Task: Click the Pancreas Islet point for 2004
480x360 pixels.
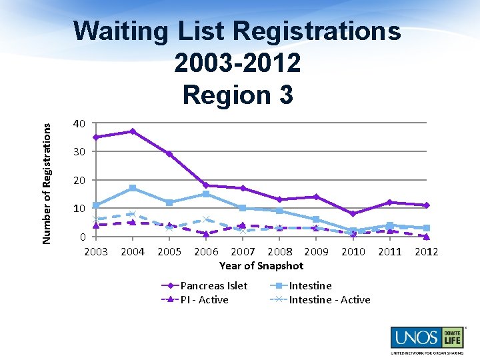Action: click(x=133, y=131)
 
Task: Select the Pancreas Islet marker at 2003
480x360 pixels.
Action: click(x=96, y=137)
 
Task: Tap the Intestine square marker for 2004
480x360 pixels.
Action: click(x=133, y=188)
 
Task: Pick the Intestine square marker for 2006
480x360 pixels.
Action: click(x=206, y=194)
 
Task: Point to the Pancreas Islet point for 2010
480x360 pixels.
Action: click(x=353, y=214)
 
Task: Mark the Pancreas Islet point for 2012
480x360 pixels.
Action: click(x=427, y=205)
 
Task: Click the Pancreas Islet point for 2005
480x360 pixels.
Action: click(x=169, y=154)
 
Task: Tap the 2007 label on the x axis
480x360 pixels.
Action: click(x=243, y=251)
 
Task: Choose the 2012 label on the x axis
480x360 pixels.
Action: click(x=427, y=251)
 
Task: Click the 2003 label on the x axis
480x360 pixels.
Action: click(x=96, y=251)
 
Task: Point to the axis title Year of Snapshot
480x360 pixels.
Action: click(x=261, y=265)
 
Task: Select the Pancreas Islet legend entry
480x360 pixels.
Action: click(x=213, y=285)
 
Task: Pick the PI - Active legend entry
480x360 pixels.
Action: click(x=204, y=299)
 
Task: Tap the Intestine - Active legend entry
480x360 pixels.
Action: click(x=329, y=299)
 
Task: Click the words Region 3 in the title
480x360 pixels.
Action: click(x=237, y=94)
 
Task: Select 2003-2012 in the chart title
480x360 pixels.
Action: click(x=237, y=63)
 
